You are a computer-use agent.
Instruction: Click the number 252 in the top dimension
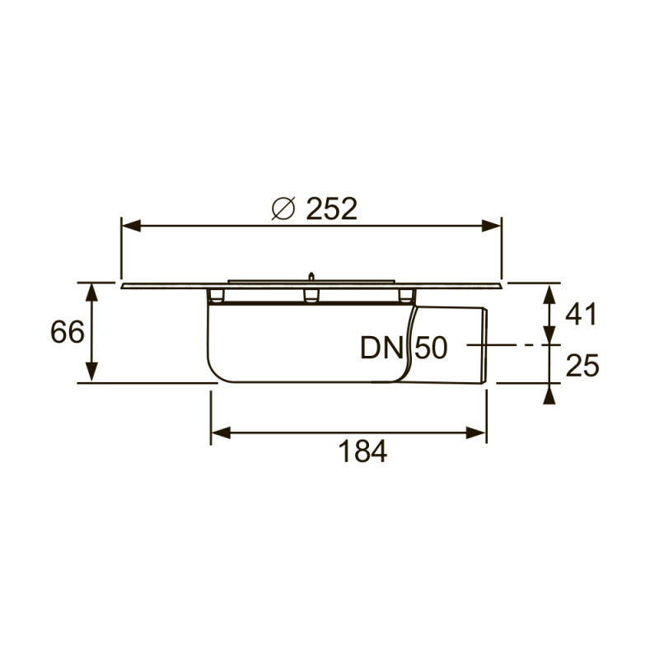[x=332, y=209]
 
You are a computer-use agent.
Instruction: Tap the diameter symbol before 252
[x=283, y=209]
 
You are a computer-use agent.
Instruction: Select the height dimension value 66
[x=68, y=332]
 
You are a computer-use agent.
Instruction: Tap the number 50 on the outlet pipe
[x=429, y=348]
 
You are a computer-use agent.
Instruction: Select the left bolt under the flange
[x=216, y=296]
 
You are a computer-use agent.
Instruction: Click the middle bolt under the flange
[x=311, y=296]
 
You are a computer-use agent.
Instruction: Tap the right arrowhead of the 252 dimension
[x=493, y=224]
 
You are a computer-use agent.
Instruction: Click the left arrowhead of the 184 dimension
[x=221, y=432]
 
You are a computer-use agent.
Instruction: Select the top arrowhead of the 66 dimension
[x=91, y=290]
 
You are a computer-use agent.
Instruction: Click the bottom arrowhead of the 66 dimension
[x=91, y=374]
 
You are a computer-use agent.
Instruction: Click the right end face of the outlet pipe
[x=487, y=346]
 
